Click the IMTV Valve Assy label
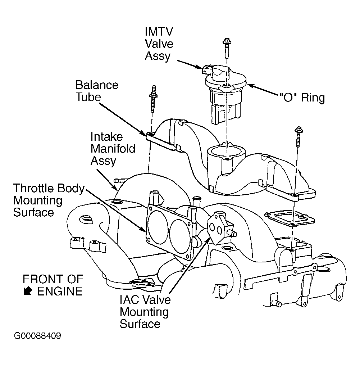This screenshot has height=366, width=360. pos(159,44)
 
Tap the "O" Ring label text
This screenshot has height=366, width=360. pos(302,97)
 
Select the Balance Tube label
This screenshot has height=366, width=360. pos(97,91)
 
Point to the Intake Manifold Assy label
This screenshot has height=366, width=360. pos(113,149)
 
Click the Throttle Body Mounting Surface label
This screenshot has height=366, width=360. pos(49,200)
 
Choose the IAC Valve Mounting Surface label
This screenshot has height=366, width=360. pos(145,312)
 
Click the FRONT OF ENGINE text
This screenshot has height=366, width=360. pos(53,285)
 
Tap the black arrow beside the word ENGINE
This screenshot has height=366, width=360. pos(28,291)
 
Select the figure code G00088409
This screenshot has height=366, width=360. pos(37,336)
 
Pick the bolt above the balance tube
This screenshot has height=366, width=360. pos(153,99)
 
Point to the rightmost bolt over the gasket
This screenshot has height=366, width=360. pos(299,137)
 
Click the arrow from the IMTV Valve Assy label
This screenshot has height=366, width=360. pos(190,64)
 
